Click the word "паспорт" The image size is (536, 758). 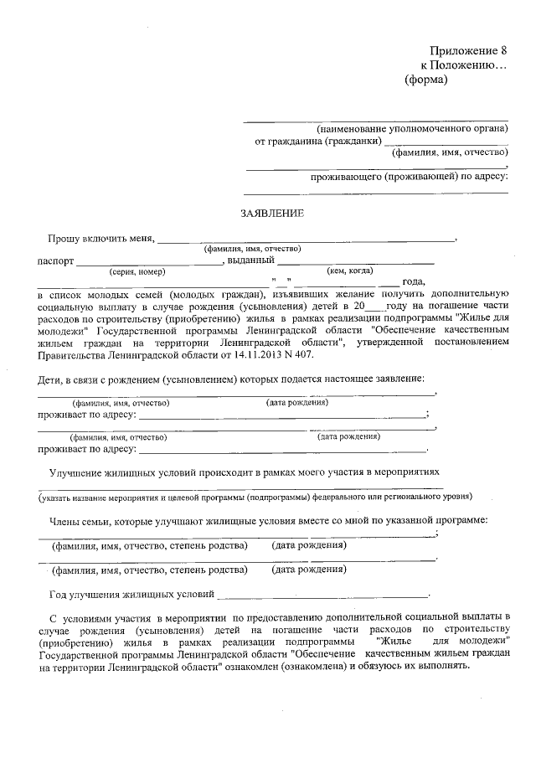(55, 260)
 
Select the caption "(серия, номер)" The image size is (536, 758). (137, 271)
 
